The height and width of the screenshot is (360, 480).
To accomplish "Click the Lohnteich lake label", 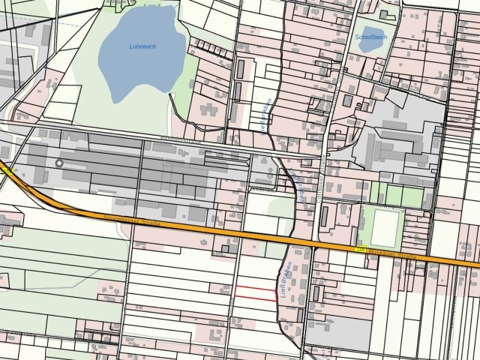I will pos(142,46).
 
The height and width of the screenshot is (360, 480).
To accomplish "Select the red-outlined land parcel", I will pos(256,292).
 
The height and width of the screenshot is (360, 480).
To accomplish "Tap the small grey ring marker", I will pos(59,163).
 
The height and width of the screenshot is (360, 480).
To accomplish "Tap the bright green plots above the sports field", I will pos(397,196).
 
